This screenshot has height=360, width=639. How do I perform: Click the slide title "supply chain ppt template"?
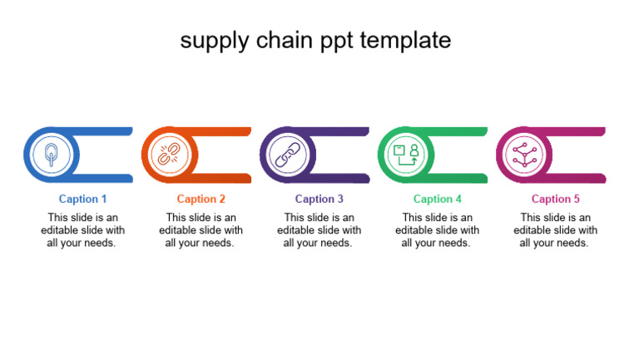(315, 40)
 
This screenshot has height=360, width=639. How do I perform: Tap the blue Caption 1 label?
(83, 199)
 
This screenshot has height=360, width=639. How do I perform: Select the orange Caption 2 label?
(201, 199)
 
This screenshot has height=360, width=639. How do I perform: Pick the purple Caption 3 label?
(319, 199)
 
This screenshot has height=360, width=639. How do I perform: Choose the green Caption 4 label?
(438, 199)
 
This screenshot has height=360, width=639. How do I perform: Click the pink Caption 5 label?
(556, 199)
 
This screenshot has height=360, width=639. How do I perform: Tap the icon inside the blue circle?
(52, 155)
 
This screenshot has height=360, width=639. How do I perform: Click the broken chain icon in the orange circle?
(170, 155)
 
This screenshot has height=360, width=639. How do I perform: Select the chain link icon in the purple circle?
(288, 155)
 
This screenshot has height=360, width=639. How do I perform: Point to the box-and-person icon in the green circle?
(406, 155)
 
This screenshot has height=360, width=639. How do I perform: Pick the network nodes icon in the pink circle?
(524, 155)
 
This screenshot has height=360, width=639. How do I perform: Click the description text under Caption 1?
(83, 230)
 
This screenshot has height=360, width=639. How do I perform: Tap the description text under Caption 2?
(201, 230)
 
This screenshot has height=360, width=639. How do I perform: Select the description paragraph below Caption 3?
(319, 230)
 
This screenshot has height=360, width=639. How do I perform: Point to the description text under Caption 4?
(438, 230)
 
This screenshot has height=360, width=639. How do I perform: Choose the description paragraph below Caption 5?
(556, 230)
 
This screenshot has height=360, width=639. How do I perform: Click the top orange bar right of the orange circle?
(225, 131)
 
